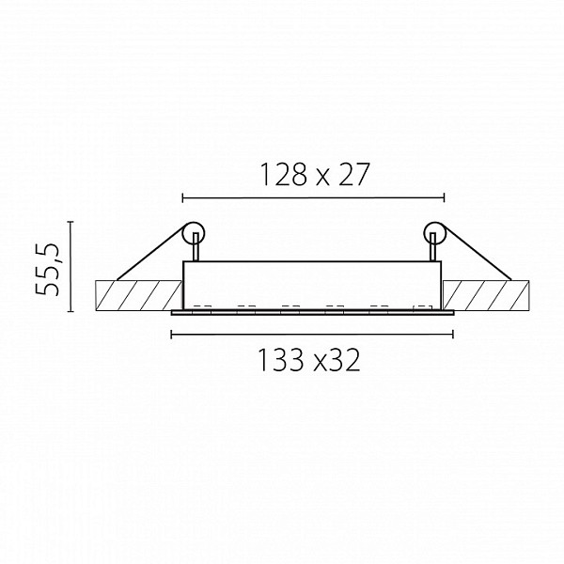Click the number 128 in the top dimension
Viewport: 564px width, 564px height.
tap(284, 175)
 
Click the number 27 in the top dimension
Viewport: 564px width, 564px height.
tap(354, 175)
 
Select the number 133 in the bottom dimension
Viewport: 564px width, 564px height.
tap(281, 360)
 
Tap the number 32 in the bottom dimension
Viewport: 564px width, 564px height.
tap(345, 360)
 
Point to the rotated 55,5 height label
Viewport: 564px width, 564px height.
tap(47, 269)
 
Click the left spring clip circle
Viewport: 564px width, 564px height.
tap(194, 234)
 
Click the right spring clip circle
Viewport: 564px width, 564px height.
tap(435, 234)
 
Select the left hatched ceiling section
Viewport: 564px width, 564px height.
tap(138, 295)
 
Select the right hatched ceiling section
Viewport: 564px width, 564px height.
tap(486, 295)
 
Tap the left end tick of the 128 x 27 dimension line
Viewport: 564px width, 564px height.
tap(183, 197)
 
